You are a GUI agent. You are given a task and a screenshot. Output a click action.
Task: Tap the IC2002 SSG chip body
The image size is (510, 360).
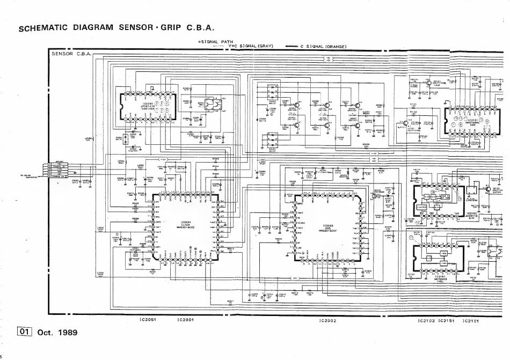(327, 228)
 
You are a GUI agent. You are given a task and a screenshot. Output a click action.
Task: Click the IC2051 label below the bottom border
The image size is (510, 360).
(147, 320)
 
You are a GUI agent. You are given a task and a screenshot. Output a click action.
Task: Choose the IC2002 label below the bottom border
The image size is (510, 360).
(327, 321)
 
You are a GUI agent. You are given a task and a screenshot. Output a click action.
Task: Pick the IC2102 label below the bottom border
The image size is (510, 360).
(426, 321)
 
